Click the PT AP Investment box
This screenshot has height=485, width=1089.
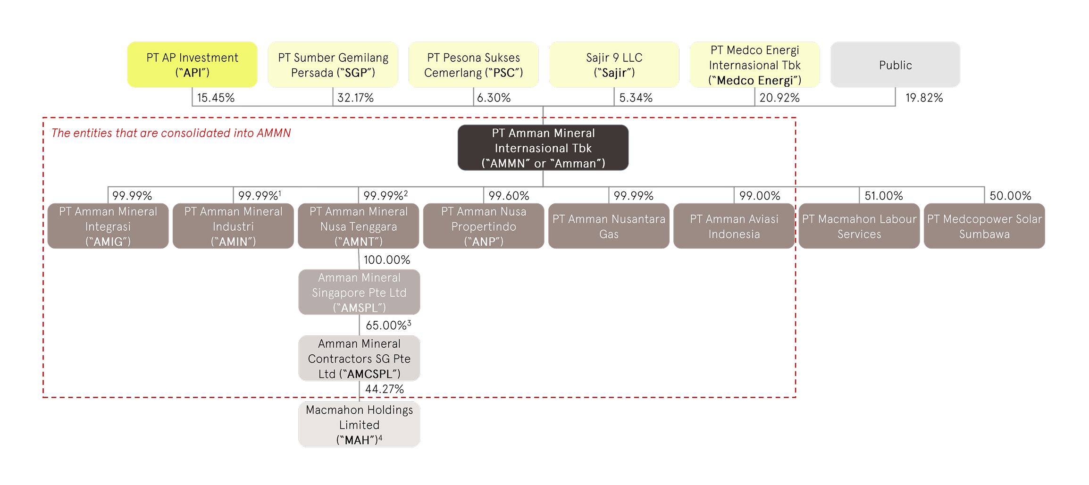pyautogui.click(x=192, y=65)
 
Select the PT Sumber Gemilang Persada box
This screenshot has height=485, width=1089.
pyautogui.click(x=333, y=65)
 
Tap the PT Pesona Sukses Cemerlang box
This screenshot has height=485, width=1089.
pyautogui.click(x=473, y=65)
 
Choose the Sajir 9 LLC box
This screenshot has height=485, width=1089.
pyautogui.click(x=614, y=65)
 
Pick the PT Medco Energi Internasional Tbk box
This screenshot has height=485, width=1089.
pyautogui.click(x=754, y=65)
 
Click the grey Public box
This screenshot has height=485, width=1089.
pyautogui.click(x=895, y=65)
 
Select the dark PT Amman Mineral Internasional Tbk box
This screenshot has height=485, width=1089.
pyautogui.click(x=543, y=148)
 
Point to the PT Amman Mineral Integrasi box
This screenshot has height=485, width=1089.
pyautogui.click(x=108, y=226)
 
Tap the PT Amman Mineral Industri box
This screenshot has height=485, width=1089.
pyautogui.click(x=233, y=226)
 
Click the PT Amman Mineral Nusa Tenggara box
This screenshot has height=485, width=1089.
pyautogui.click(x=359, y=226)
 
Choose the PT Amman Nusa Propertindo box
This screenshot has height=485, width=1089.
pyautogui.click(x=484, y=226)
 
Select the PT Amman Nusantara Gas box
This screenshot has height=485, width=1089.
pyautogui.click(x=609, y=226)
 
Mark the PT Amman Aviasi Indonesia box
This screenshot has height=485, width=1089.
pyautogui.click(x=734, y=226)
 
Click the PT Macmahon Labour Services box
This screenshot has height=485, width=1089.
pyautogui.click(x=859, y=226)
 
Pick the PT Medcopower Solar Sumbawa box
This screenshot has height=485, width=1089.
pyautogui.click(x=984, y=226)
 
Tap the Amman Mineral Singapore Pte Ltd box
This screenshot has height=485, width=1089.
pyautogui.click(x=359, y=292)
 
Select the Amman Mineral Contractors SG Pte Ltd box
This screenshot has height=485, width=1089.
pyautogui.click(x=359, y=358)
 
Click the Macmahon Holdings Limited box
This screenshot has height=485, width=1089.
pyautogui.click(x=359, y=424)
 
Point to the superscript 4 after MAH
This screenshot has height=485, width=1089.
pyautogui.click(x=380, y=438)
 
